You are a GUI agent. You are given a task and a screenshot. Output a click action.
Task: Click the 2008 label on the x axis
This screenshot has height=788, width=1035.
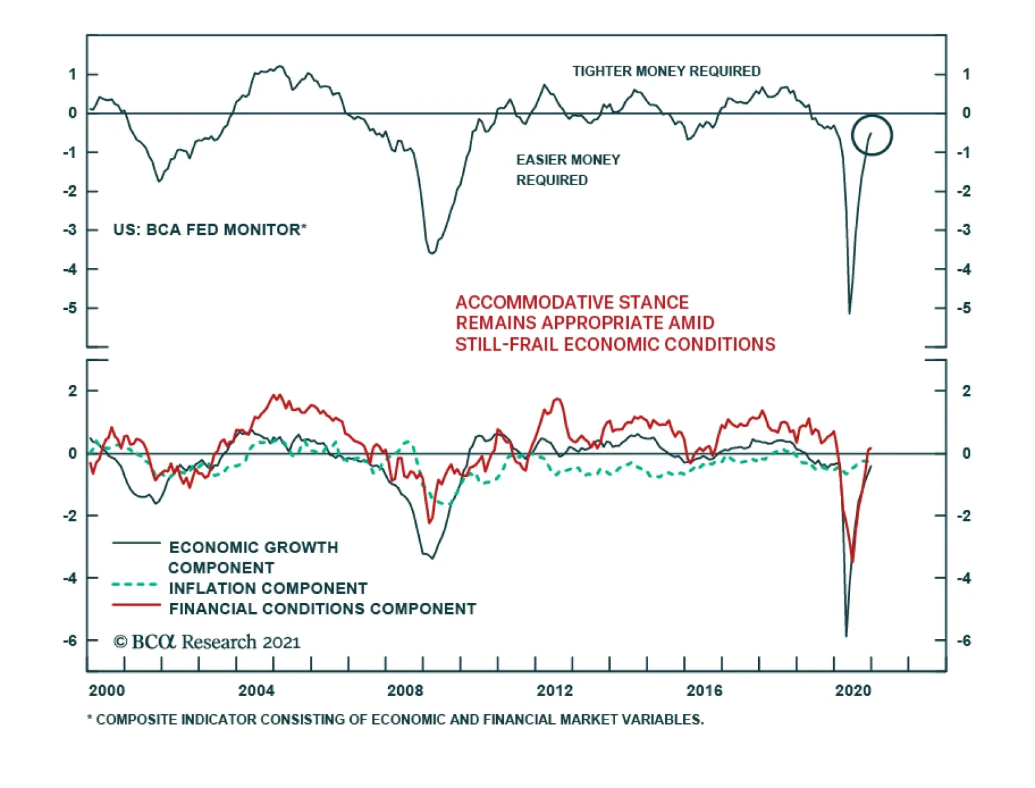pyautogui.click(x=405, y=691)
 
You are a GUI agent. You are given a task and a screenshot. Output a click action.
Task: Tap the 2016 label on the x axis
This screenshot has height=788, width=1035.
pyautogui.click(x=704, y=691)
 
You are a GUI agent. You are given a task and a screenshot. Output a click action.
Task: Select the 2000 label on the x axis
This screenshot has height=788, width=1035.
pyautogui.click(x=107, y=691)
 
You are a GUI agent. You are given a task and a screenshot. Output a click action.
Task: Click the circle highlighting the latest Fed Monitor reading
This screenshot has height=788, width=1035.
pyautogui.click(x=871, y=135)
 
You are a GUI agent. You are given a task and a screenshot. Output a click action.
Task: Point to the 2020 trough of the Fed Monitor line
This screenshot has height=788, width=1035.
pyautogui.click(x=849, y=313)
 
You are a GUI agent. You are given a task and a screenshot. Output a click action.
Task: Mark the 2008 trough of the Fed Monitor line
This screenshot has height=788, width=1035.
pyautogui.click(x=431, y=252)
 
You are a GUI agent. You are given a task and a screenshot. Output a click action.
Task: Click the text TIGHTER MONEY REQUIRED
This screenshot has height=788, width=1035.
pyautogui.click(x=666, y=71)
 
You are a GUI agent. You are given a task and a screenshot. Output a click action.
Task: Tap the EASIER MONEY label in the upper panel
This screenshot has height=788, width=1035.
pyautogui.click(x=568, y=160)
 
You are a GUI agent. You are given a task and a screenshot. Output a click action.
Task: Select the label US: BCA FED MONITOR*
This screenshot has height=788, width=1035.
pyautogui.click(x=210, y=230)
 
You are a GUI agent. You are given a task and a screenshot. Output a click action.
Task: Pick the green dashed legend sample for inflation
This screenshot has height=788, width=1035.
pyautogui.click(x=135, y=585)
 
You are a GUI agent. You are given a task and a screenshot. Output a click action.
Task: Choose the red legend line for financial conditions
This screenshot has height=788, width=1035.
pyautogui.click(x=136, y=606)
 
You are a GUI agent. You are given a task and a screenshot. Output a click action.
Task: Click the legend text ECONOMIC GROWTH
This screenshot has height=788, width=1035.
pyautogui.click(x=254, y=547)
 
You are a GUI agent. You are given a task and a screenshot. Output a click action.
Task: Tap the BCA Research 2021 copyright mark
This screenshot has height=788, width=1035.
pyautogui.click(x=207, y=642)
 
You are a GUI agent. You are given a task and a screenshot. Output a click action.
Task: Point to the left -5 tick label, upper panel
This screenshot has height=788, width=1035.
pyautogui.click(x=70, y=308)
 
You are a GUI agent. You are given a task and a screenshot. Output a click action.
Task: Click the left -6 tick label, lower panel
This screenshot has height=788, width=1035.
pyautogui.click(x=70, y=640)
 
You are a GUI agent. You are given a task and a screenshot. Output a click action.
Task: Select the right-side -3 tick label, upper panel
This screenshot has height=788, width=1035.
pyautogui.click(x=964, y=230)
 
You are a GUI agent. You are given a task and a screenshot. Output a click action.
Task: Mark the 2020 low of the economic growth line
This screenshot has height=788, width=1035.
pyautogui.click(x=846, y=635)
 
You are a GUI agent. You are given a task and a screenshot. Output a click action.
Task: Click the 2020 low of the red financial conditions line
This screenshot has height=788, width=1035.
pyautogui.click(x=853, y=562)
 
